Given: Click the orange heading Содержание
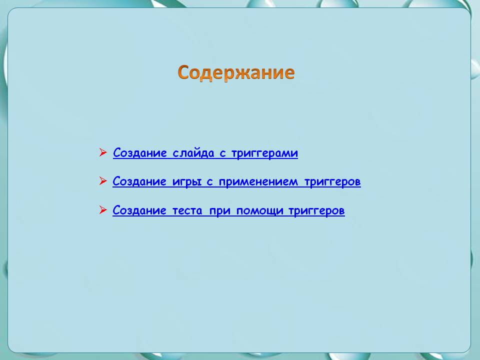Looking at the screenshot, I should [x=236, y=72].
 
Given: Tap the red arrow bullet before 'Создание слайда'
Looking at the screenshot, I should [x=103, y=152].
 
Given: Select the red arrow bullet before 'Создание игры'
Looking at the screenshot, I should [x=103, y=181].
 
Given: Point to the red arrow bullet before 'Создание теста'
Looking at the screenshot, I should [x=103, y=210].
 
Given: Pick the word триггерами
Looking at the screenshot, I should [x=264, y=153].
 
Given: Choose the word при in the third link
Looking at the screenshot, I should [x=219, y=210].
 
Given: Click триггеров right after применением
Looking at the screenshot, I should [x=332, y=181].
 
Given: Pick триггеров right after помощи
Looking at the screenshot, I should [x=316, y=210].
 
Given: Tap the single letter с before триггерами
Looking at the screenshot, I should [x=223, y=153].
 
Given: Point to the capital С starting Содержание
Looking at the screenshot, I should [x=183, y=72].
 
